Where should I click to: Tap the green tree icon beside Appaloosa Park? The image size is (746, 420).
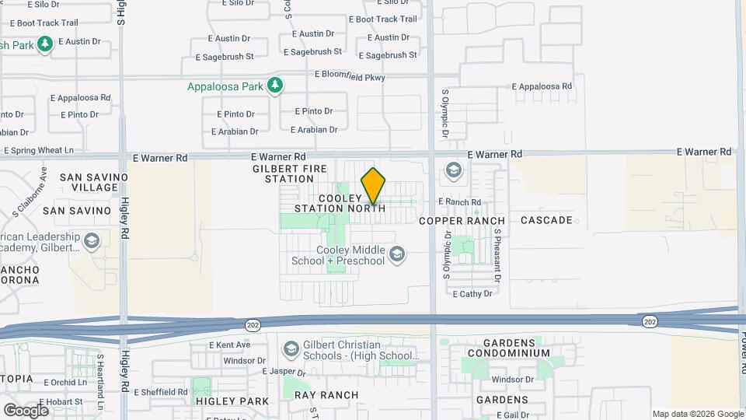point(274,86)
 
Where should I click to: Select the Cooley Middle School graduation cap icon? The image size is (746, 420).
point(397,254)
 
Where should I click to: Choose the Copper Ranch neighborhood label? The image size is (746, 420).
point(462,221)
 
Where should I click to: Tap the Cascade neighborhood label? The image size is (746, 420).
point(546,220)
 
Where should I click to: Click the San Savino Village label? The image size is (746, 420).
point(89,182)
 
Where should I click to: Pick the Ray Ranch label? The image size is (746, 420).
point(326,395)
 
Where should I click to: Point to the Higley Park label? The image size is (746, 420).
point(232,401)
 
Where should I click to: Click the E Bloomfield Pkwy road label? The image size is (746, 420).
point(350,75)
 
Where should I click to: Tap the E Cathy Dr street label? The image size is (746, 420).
point(472,294)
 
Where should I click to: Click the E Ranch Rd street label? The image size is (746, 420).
point(459,201)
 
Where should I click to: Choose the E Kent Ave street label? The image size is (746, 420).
point(229,345)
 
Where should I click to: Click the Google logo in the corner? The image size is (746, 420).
point(26,410)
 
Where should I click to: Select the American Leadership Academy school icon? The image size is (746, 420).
point(92,241)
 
